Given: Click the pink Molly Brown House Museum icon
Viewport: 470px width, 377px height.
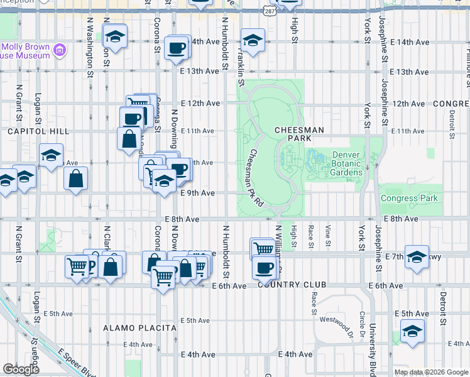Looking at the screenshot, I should pyautogui.click(x=60, y=50).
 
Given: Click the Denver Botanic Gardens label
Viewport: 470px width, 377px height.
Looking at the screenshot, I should pyautogui.click(x=347, y=163).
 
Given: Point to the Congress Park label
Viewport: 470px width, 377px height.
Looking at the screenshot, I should pyautogui.click(x=408, y=198).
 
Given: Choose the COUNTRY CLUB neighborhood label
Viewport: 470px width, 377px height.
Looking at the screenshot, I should pyautogui.click(x=292, y=285).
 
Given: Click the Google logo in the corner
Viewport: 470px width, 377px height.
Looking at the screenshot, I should pyautogui.click(x=21, y=369).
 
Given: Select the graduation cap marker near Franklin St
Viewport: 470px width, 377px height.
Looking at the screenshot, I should pyautogui.click(x=252, y=41).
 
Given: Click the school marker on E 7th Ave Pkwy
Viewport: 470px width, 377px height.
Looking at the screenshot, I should pyautogui.click(x=417, y=256).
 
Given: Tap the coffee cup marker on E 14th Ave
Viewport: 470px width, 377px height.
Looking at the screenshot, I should pyautogui.click(x=177, y=48).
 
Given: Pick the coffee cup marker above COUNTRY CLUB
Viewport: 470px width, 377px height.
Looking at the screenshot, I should pyautogui.click(x=265, y=268).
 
